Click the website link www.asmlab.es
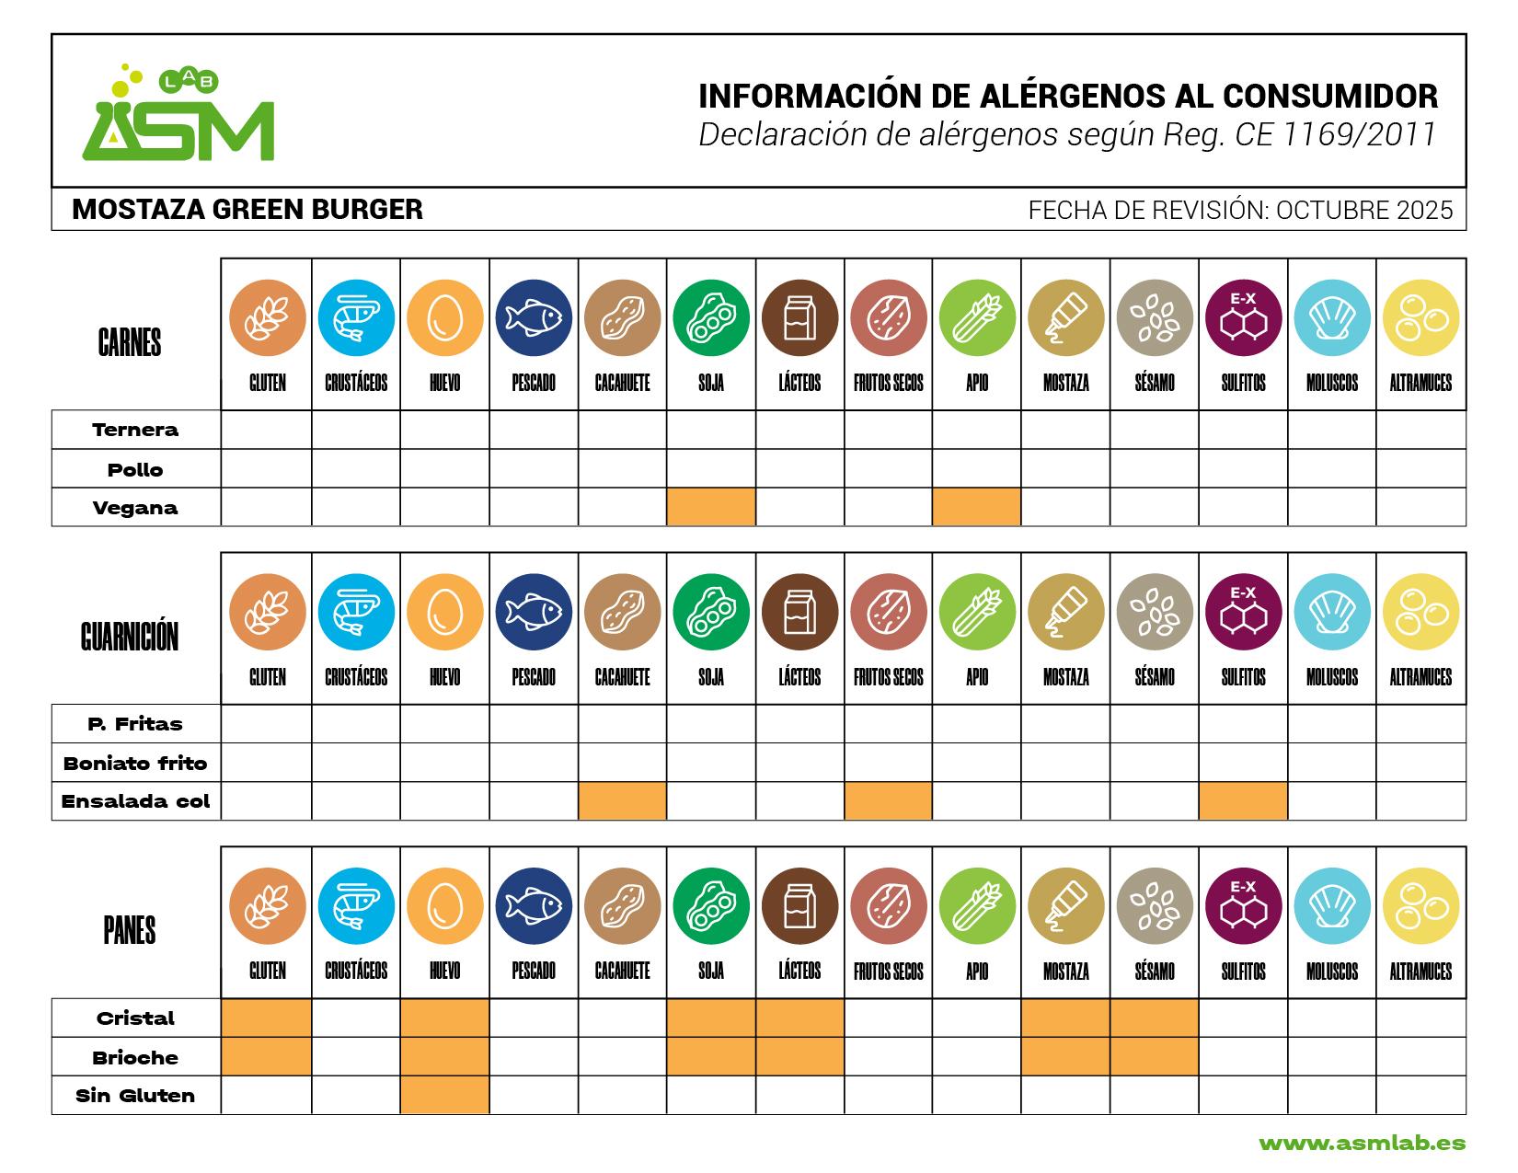click(x=1362, y=1144)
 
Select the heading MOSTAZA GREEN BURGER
click(x=247, y=210)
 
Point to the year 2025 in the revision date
click(x=1424, y=211)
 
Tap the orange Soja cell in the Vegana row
click(x=711, y=507)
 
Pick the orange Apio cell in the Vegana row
click(x=976, y=507)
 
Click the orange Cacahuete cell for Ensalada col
click(x=622, y=801)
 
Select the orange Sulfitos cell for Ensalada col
click(x=1243, y=801)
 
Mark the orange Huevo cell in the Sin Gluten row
click(x=444, y=1096)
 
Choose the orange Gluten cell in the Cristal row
click(x=267, y=1018)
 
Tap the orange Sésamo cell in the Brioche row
click(x=1154, y=1057)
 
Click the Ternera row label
click(x=135, y=430)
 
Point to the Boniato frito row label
click(x=135, y=763)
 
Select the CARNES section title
click(x=130, y=343)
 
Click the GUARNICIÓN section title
click(x=130, y=637)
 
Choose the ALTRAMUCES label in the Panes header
click(x=1420, y=972)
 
